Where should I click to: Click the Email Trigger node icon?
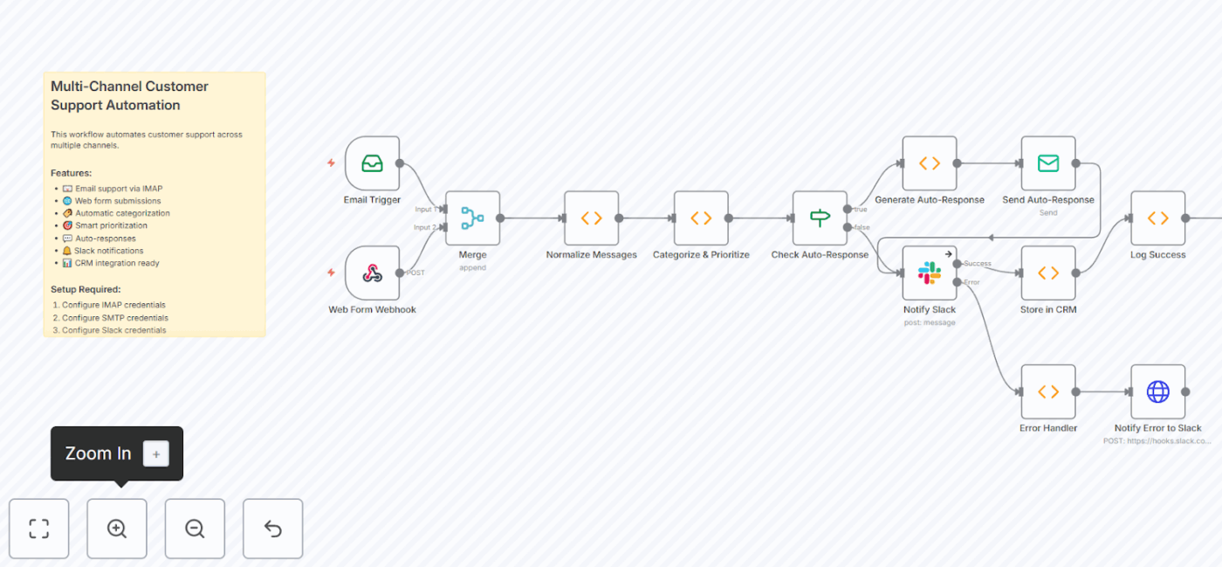click(373, 163)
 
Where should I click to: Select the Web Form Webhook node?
click(373, 273)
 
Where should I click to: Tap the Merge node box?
click(472, 218)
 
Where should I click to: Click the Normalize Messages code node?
click(591, 218)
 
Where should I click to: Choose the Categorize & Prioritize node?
click(701, 218)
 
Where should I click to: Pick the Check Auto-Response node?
click(820, 218)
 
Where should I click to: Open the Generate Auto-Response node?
click(930, 163)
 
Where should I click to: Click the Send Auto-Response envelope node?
click(1048, 163)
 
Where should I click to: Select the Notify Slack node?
click(930, 273)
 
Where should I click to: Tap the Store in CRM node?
click(1048, 273)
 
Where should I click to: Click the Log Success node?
click(1158, 218)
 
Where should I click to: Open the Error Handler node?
click(1048, 392)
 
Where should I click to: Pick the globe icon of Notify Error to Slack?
click(1158, 392)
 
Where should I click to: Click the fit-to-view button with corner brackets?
click(39, 529)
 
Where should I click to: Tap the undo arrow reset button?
click(272, 529)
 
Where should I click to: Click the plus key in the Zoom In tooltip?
click(156, 453)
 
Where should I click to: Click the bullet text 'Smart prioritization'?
click(111, 225)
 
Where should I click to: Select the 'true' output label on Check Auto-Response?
click(860, 210)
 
